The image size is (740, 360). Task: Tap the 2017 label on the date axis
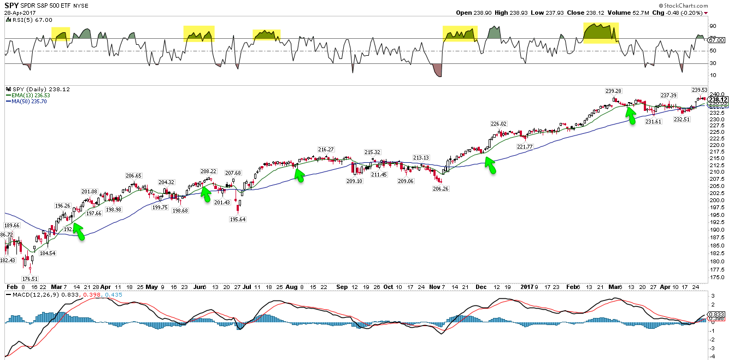pos(527,286)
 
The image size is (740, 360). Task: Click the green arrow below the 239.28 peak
pos(631,115)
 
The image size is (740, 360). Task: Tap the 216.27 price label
pos(326,149)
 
